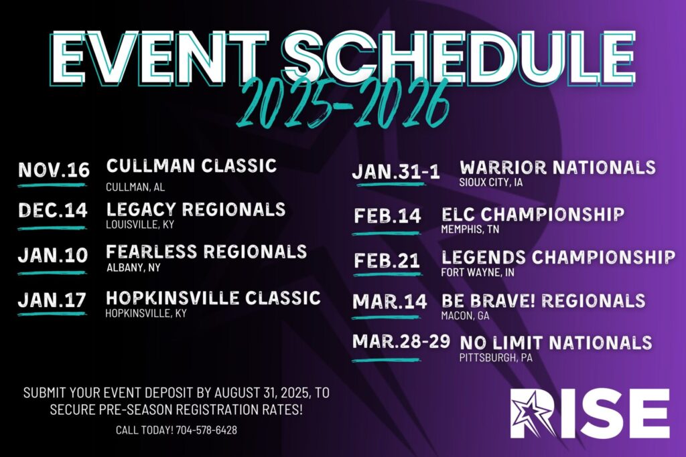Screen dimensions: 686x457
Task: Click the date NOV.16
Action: [x=54, y=170]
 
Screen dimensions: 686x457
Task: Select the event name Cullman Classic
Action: [x=192, y=165]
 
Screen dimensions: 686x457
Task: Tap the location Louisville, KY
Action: [x=140, y=225]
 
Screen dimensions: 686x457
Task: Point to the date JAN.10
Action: [x=53, y=255]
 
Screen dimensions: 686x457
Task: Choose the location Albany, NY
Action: [x=133, y=268]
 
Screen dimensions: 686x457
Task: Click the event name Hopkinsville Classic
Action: [x=213, y=298]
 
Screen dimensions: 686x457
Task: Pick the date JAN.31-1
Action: [x=396, y=172]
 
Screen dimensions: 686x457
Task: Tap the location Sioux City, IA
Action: [x=491, y=182]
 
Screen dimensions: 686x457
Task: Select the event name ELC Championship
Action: [x=533, y=215]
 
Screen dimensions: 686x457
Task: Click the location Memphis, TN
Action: [x=470, y=229]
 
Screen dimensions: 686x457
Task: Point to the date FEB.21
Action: [x=387, y=261]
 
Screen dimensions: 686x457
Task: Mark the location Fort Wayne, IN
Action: [x=478, y=272]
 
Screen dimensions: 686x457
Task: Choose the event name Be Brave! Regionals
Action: [x=543, y=300]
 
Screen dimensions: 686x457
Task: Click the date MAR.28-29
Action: [x=401, y=341]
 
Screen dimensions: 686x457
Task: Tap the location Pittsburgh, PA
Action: [x=496, y=358]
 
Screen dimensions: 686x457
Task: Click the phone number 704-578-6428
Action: [x=206, y=430]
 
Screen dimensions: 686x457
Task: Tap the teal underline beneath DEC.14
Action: [x=52, y=228]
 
